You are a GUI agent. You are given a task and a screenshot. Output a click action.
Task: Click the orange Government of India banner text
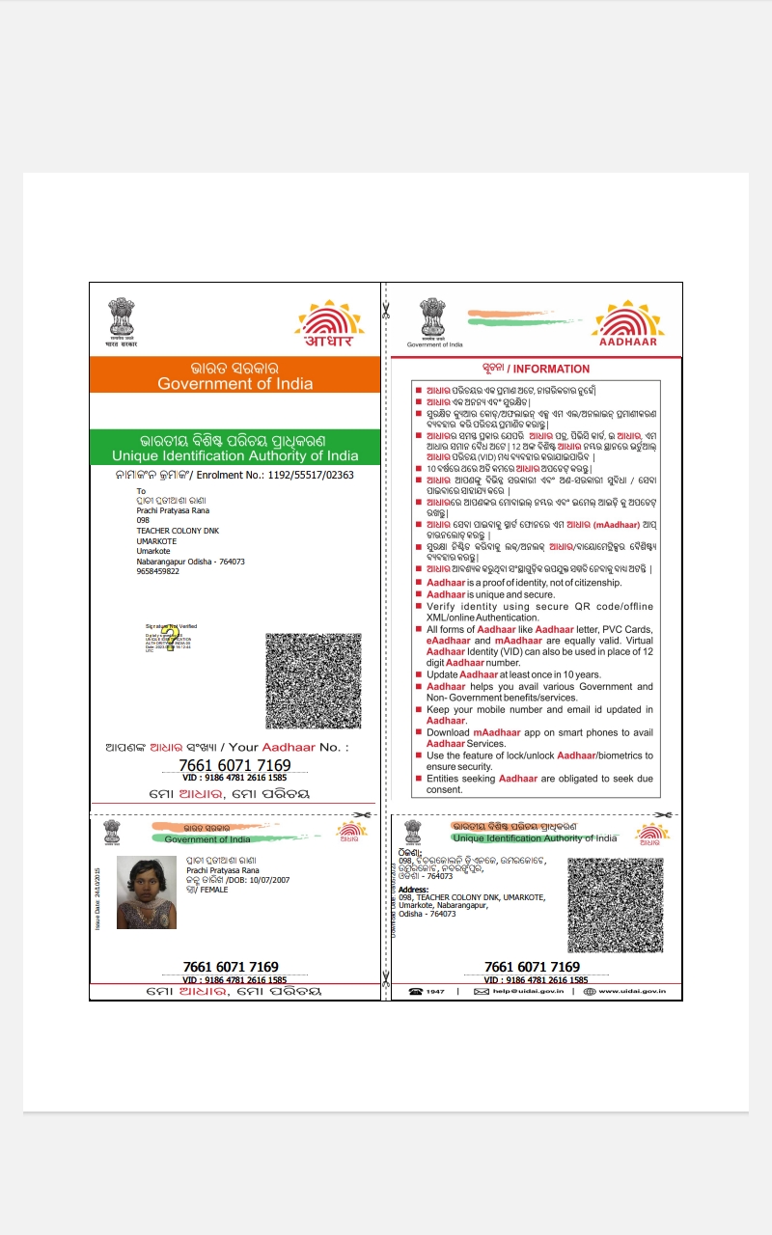(235, 383)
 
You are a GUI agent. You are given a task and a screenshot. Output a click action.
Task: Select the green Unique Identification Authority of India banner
(235, 455)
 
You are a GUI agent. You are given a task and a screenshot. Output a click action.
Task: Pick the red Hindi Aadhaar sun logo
(330, 324)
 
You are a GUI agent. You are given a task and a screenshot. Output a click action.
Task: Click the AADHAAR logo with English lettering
(627, 324)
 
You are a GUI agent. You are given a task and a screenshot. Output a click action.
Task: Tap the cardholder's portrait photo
(146, 892)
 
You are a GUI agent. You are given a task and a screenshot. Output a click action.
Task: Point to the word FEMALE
(213, 890)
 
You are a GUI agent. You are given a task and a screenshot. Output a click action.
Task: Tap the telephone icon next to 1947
(416, 991)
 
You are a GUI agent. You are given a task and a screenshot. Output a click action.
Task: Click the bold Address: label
(414, 890)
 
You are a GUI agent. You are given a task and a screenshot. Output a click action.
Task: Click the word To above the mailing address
(141, 491)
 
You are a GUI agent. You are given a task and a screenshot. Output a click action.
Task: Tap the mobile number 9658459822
(158, 571)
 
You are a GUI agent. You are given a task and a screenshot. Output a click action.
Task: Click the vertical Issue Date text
(97, 898)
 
